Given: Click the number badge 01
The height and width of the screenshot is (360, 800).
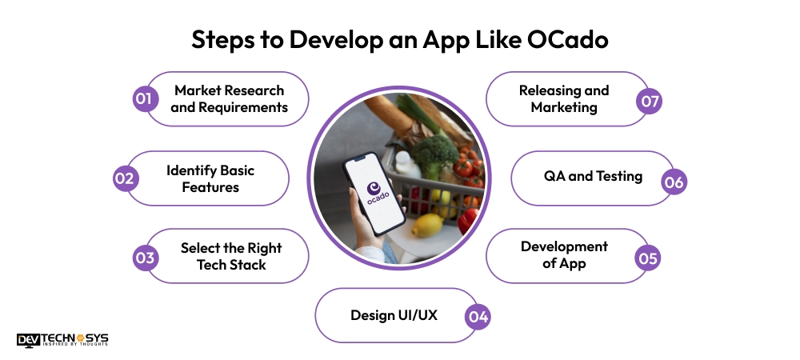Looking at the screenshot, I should coord(143,99).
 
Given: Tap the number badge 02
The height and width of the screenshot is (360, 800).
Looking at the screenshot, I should coord(123,178).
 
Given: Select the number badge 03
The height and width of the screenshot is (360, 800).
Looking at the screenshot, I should coord(143,257).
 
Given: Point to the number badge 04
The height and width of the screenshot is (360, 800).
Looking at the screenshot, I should coord(478,316).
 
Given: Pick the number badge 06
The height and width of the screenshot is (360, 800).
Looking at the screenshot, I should coord(674,182).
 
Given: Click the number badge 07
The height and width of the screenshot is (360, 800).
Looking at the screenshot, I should coord(648,102).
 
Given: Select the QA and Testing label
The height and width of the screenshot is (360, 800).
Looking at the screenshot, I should coord(593,176).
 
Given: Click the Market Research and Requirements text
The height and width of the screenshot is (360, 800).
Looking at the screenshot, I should coord(230,98).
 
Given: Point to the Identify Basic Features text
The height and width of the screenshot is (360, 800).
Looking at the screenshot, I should coord(210,178).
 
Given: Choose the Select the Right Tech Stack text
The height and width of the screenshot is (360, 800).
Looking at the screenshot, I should coord(230,257).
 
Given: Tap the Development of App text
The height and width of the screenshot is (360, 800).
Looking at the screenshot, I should coord(564,254).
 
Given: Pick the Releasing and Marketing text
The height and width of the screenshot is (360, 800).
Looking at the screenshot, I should coord(564,98).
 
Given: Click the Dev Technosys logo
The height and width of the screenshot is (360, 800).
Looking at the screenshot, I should coord(62,339).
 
